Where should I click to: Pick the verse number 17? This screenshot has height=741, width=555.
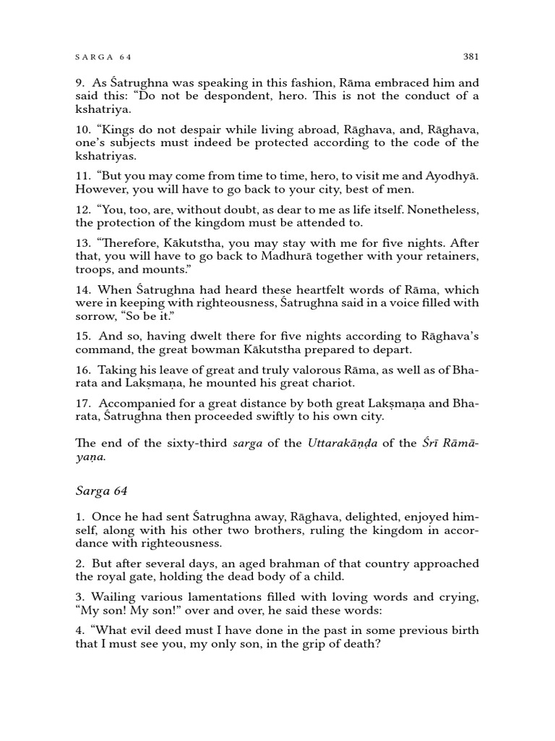[82, 402]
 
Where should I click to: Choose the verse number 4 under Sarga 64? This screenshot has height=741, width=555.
[79, 631]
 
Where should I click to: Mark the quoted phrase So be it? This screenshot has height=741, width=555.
[147, 316]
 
